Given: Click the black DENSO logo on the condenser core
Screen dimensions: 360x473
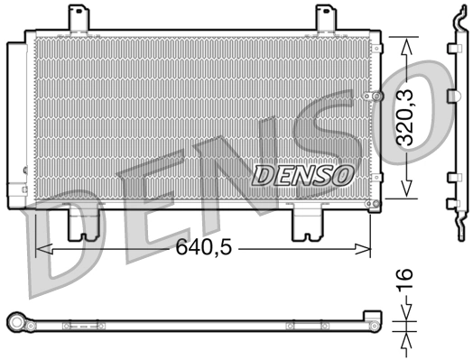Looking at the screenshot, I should coord(301,173).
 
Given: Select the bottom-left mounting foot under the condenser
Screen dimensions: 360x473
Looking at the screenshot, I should coord(85,223).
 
